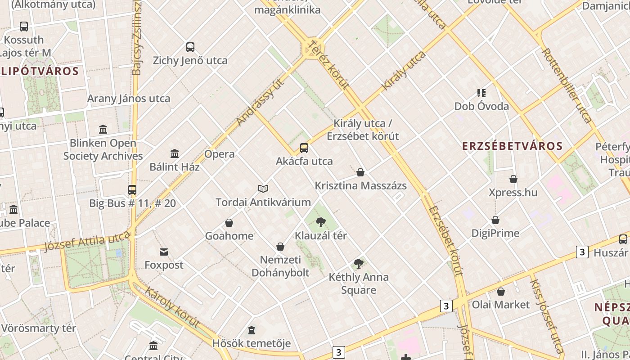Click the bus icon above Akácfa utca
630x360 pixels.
(x=304, y=148)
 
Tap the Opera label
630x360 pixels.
(x=220, y=154)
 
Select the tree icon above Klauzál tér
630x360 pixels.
(x=321, y=222)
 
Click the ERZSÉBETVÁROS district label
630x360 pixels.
(x=513, y=146)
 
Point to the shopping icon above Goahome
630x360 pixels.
(x=229, y=223)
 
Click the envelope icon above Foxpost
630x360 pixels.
(x=164, y=252)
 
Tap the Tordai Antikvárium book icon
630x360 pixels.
(x=263, y=189)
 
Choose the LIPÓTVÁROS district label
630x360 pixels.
(x=40, y=71)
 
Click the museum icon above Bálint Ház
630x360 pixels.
(x=175, y=154)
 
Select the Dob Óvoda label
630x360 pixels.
(x=481, y=107)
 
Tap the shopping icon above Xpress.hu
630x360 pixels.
(x=513, y=180)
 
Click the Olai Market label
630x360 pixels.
(x=501, y=305)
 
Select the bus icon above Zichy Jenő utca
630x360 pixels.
(x=190, y=47)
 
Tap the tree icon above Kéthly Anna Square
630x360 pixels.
(x=359, y=264)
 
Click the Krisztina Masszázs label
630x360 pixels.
(x=360, y=186)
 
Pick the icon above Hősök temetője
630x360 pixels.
(x=252, y=331)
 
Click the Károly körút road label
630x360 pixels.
(x=172, y=307)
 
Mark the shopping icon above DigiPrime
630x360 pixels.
(x=495, y=220)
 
